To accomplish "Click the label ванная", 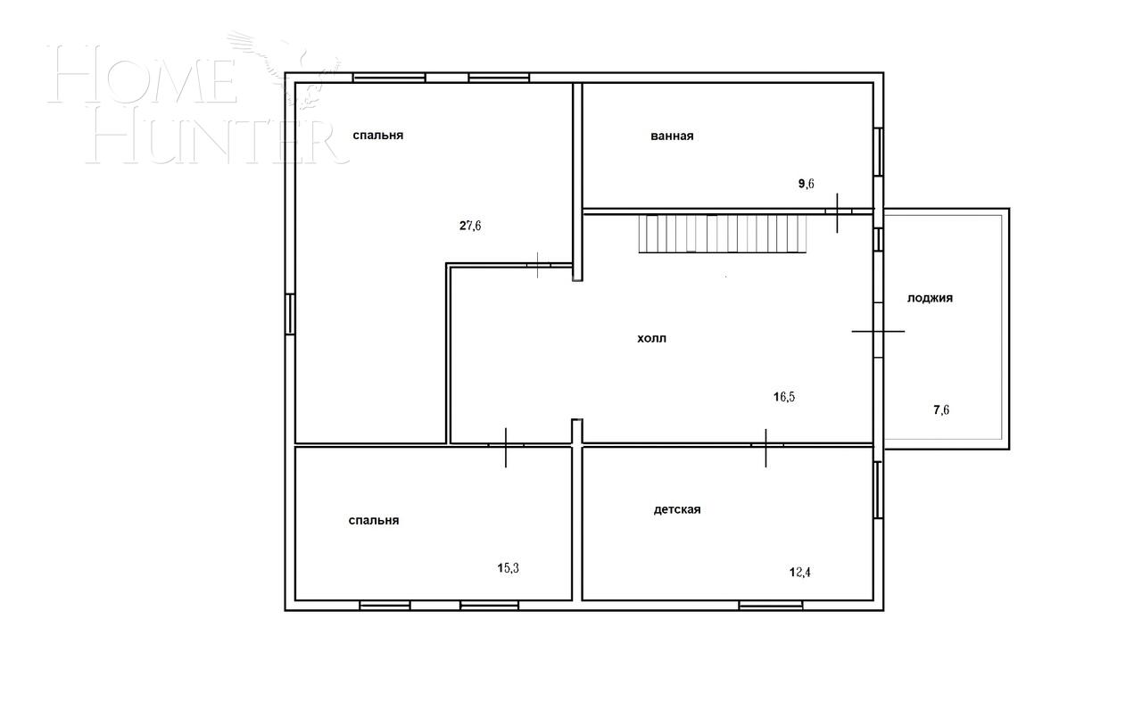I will click(x=672, y=136).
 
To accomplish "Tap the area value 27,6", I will click(x=470, y=226).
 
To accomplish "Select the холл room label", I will click(x=651, y=339).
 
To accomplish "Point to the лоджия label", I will click(x=930, y=298).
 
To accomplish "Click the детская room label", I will click(x=677, y=510).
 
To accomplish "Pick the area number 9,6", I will click(x=806, y=184).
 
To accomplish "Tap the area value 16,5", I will click(x=783, y=397).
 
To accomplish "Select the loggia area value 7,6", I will click(x=941, y=410).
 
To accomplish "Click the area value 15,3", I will click(x=508, y=567).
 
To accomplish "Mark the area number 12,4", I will click(x=799, y=572).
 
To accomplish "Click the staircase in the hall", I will click(x=722, y=234).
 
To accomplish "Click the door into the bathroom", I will click(x=838, y=211).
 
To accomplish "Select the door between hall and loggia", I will click(x=879, y=331).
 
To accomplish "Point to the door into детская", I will click(x=766, y=444).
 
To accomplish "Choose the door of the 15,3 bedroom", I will click(x=506, y=445).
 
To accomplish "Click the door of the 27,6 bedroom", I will click(x=539, y=264).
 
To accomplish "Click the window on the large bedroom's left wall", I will click(x=290, y=314).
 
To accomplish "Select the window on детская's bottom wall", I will click(x=770, y=605).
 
